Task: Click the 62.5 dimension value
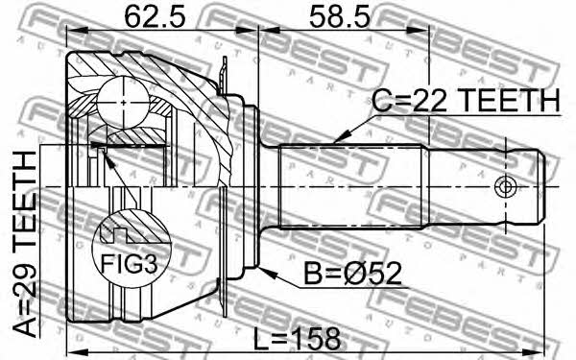(155, 16)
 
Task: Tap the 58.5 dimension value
(339, 16)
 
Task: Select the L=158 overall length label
(297, 339)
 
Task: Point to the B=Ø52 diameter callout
(353, 274)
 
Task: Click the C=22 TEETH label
(466, 100)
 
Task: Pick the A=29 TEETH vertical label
(25, 244)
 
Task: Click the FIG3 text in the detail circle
(130, 264)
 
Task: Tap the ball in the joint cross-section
(124, 102)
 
